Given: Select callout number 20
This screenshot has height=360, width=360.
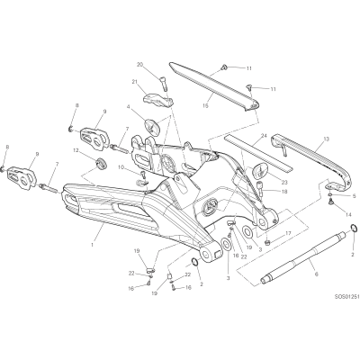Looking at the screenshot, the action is click(140, 64).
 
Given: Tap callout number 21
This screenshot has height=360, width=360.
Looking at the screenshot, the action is click(134, 81).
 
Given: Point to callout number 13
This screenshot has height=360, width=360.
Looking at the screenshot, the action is click(326, 139).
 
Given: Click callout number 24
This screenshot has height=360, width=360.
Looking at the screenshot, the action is click(264, 135).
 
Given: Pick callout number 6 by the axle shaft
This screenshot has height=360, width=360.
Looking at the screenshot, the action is click(317, 274).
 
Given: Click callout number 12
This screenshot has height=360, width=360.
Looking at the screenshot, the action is click(76, 150).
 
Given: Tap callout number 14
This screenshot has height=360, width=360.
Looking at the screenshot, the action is click(347, 215).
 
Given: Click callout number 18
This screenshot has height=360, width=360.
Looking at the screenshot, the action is click(284, 191).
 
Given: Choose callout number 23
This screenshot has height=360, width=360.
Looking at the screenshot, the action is click(284, 182).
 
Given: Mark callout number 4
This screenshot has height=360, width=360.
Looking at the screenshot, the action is click(128, 106).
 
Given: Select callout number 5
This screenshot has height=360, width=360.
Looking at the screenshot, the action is click(354, 196).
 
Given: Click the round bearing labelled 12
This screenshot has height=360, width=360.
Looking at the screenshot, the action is click(101, 162).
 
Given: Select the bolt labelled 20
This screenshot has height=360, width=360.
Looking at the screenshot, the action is click(164, 84).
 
